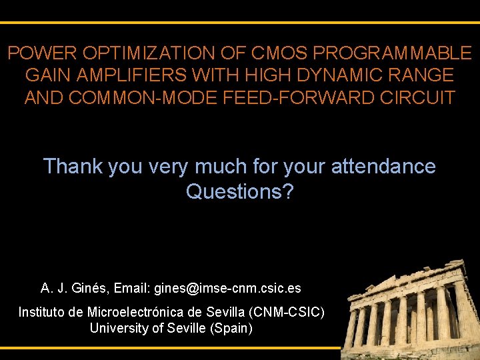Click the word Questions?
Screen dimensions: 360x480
tap(239, 192)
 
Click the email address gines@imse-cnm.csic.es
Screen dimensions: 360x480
tap(227, 289)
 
